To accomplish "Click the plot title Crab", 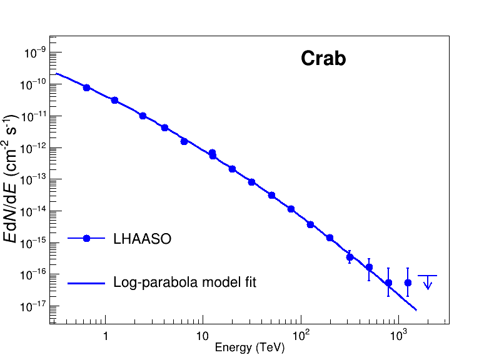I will click(x=323, y=59).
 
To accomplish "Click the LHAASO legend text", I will click(x=142, y=239).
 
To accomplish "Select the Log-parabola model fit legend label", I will click(x=184, y=282).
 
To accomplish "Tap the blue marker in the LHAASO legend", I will click(x=87, y=239).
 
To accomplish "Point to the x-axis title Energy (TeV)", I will click(x=249, y=347).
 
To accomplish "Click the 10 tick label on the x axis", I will click(x=202, y=336).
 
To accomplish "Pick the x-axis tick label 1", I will click(x=106, y=336).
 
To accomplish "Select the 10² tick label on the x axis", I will click(x=301, y=335).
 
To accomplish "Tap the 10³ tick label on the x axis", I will click(x=398, y=335).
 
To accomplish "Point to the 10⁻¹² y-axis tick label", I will click(x=34, y=147).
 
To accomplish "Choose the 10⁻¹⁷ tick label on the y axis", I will click(x=34, y=306).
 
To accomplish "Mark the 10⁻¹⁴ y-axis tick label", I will click(x=34, y=211).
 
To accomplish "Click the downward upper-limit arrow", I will click(x=428, y=282).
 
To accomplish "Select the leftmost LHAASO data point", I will click(x=86, y=87).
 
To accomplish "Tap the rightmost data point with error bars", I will click(x=408, y=282).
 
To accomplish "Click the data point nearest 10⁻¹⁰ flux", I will click(x=86, y=87).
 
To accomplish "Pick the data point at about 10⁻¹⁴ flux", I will click(x=291, y=209).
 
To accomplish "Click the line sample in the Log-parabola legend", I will click(x=86, y=283).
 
